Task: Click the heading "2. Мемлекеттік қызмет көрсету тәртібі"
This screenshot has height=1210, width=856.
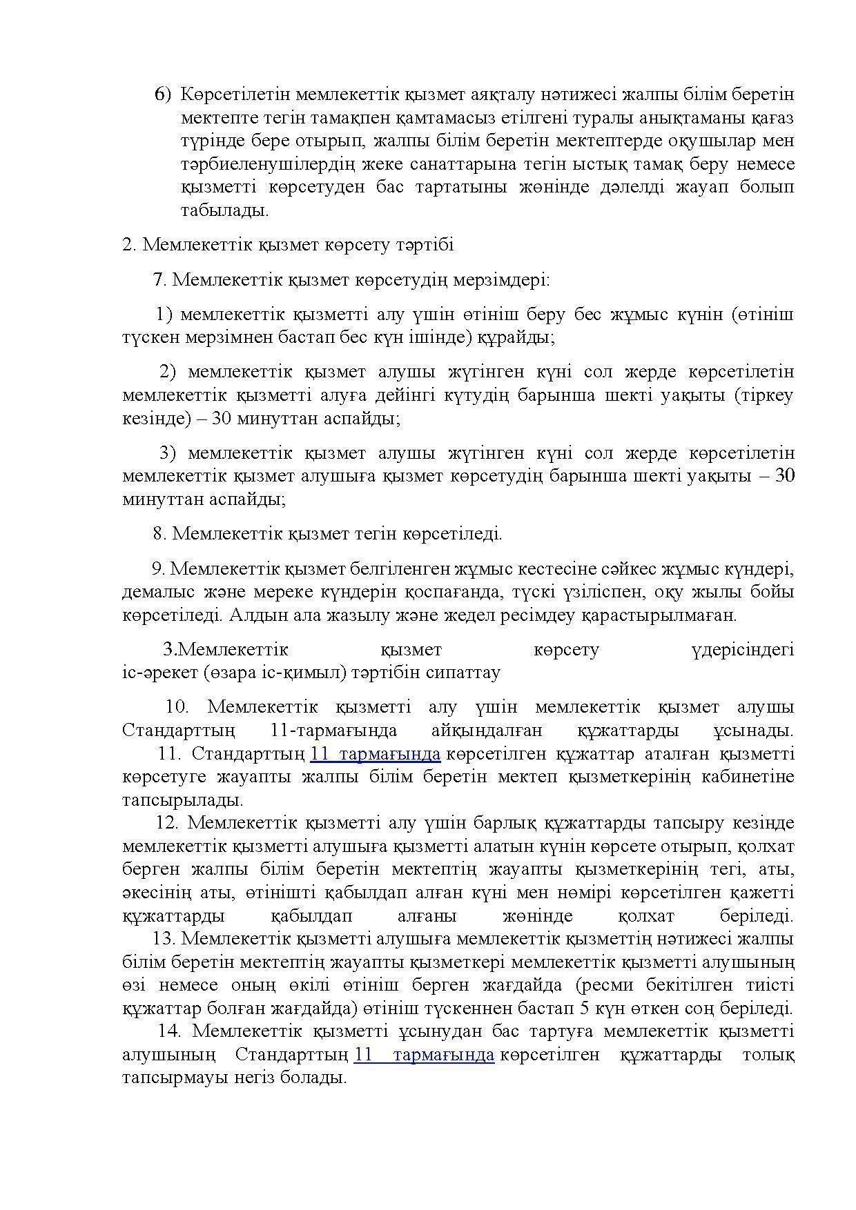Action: click(x=288, y=245)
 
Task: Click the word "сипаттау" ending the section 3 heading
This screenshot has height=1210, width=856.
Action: click(x=467, y=673)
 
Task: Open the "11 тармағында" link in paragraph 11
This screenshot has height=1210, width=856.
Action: click(x=375, y=754)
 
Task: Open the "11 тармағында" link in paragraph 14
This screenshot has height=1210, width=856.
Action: click(x=424, y=1055)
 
